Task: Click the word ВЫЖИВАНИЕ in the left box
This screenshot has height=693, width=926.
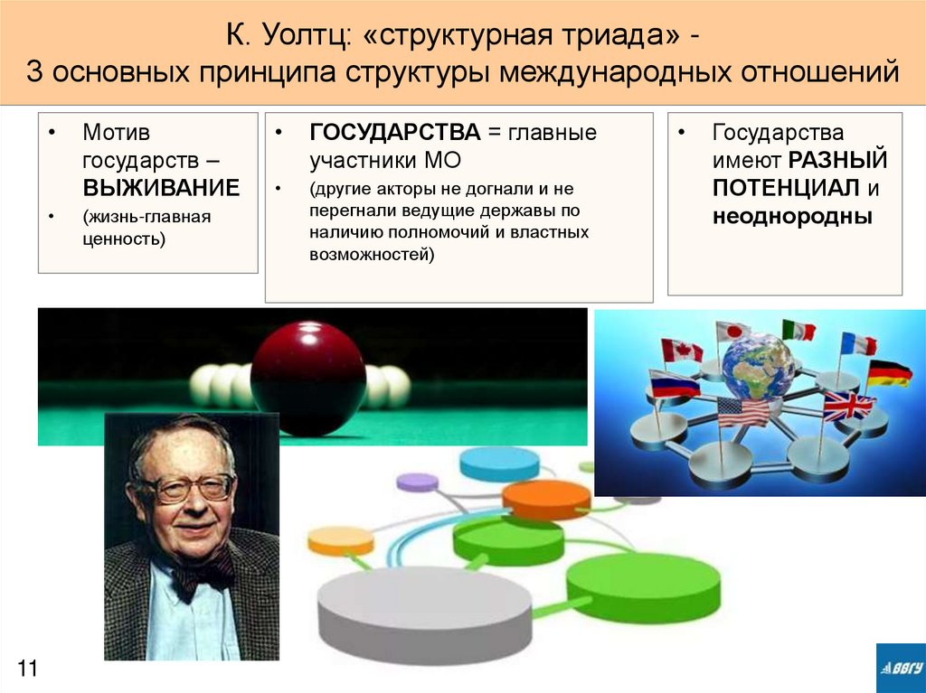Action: click(161, 188)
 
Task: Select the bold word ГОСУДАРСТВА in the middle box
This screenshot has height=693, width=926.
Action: click(394, 133)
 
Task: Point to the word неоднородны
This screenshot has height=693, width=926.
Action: click(792, 216)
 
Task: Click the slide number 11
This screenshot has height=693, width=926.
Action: click(26, 669)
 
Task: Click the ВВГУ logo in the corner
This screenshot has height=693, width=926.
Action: click(900, 668)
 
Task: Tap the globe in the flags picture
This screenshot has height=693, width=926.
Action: click(758, 366)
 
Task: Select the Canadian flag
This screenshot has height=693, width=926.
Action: click(681, 350)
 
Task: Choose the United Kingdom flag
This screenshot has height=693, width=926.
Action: click(848, 406)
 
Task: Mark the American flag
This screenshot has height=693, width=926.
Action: click(742, 411)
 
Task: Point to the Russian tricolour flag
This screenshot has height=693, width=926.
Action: click(674, 384)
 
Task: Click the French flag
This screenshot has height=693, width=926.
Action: click(857, 343)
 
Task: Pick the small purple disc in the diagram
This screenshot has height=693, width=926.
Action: click(418, 482)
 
